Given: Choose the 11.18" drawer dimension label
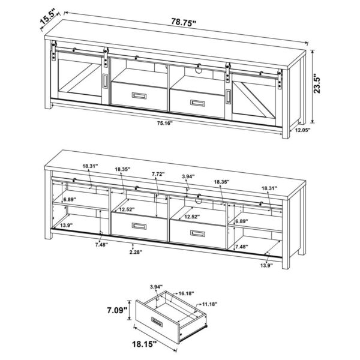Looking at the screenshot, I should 209,305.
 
